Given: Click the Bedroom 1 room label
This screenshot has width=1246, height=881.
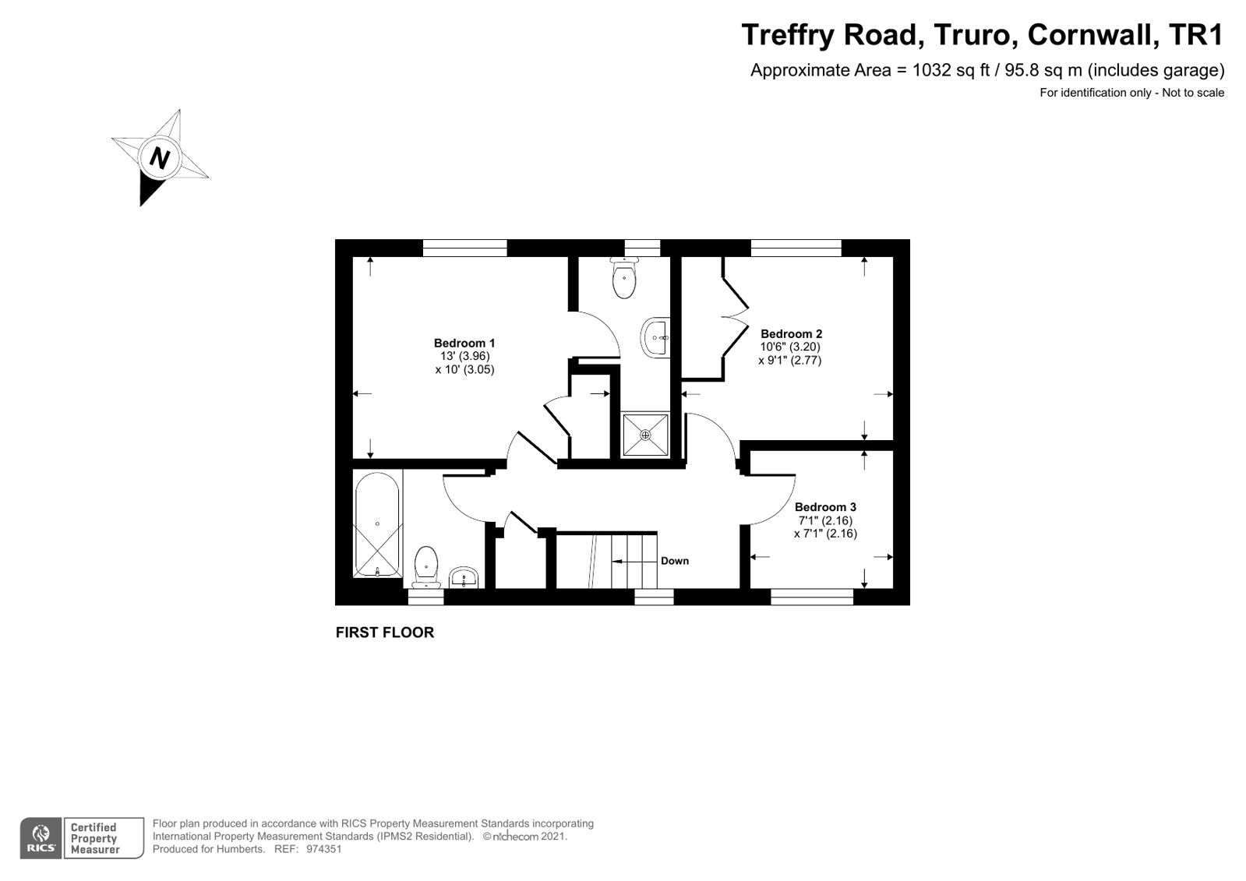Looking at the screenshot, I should click(x=464, y=343).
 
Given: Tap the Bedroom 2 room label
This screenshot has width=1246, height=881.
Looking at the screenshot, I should click(x=791, y=333).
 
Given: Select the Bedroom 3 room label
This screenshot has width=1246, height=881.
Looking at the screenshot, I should click(x=825, y=507).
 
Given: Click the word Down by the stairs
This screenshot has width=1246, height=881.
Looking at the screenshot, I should click(x=674, y=561).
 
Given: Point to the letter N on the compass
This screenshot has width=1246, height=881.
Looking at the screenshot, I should click(x=159, y=158).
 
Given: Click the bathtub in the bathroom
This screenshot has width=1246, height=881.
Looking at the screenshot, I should click(x=377, y=525).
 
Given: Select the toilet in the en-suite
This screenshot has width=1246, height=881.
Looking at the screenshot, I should click(x=624, y=279).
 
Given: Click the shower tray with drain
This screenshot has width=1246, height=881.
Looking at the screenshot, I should click(x=645, y=435).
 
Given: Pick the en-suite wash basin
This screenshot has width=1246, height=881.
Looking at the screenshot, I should click(x=657, y=338).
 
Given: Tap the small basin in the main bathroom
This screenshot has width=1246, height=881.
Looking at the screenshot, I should click(x=464, y=577).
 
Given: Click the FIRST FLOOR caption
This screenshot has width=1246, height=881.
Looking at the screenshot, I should click(x=384, y=633).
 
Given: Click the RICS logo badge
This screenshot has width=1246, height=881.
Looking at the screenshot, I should click(x=41, y=838).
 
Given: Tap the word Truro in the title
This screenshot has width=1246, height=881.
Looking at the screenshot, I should click(x=974, y=35).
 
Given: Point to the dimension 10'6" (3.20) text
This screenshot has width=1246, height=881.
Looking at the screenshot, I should click(x=789, y=347).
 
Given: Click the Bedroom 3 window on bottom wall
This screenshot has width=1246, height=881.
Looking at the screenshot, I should click(x=812, y=597).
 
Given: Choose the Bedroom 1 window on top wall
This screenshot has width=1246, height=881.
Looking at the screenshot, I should click(x=464, y=248).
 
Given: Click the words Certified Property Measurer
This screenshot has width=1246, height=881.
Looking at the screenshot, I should click(x=95, y=838).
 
